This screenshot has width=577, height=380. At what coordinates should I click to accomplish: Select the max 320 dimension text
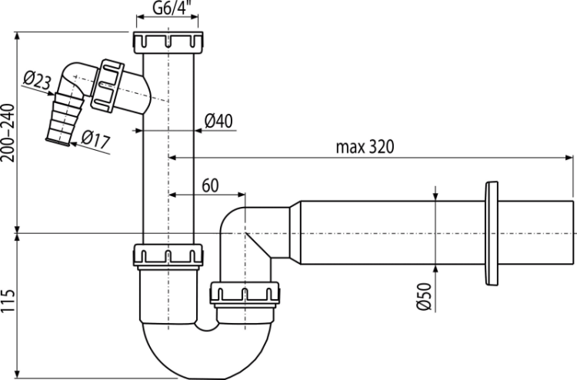[364, 146]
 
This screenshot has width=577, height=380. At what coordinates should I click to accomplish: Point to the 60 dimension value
[211, 185]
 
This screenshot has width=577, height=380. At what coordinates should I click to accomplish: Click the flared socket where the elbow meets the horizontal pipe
[292, 231]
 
